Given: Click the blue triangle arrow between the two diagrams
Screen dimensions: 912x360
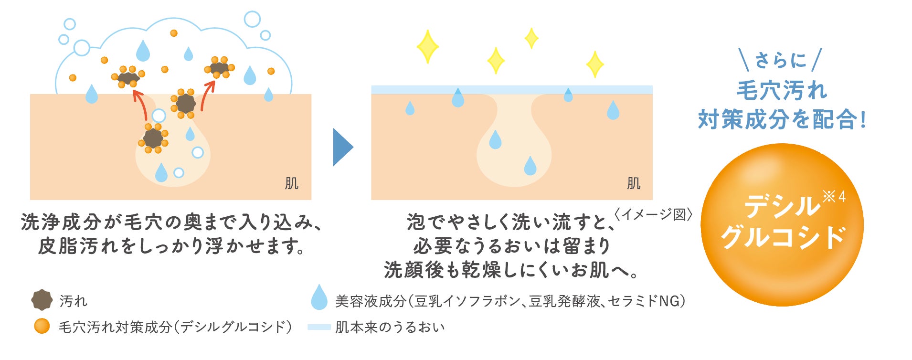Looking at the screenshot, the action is coord(341,147).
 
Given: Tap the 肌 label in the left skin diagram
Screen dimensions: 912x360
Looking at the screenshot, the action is coord(291,183).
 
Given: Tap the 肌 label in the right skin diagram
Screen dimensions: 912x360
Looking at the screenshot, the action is coord(633,183).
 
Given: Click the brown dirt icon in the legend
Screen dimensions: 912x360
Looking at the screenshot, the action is coord(42,300).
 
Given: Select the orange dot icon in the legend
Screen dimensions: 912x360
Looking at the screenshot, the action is coord(42,326).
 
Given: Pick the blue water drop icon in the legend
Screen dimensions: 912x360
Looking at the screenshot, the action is coord(319,297).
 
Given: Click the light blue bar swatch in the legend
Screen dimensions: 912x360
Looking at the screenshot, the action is coord(319,327).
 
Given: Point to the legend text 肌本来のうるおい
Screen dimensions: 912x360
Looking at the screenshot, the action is coord(390,327).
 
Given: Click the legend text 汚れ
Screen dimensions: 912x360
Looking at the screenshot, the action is coord(73,301).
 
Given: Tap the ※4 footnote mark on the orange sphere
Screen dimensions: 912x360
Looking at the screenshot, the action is coord(834,196).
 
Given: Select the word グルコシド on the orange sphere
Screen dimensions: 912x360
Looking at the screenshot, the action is coord(783,237).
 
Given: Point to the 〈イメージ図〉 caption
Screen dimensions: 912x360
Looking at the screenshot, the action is coord(653,214).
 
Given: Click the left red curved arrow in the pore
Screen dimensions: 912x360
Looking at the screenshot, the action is coord(139,104).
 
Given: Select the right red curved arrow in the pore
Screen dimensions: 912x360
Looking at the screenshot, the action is coord(207,95).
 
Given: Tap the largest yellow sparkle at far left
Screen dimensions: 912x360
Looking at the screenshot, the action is coord(427,46).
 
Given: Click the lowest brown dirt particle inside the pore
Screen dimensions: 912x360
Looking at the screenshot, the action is coord(153,138).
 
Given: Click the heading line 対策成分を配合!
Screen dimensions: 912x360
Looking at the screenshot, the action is coord(782,119).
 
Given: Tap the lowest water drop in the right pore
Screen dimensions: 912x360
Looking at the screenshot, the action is coord(530,165).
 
